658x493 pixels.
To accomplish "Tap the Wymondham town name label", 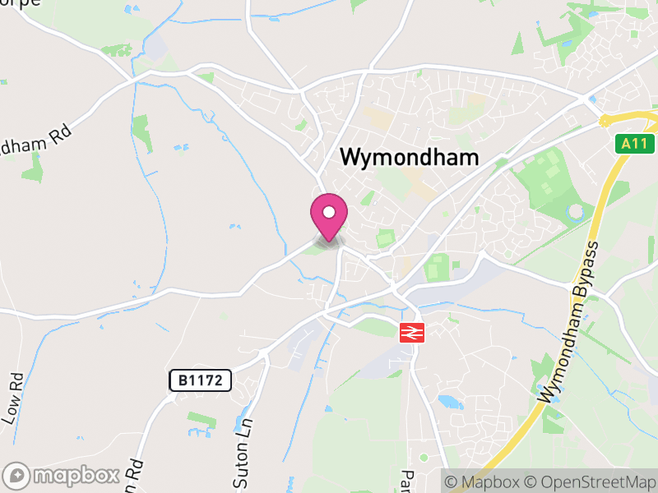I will point(409,157).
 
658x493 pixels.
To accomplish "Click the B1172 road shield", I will point(201,380).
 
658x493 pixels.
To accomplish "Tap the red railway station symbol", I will point(410,333).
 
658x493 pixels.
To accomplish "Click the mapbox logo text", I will point(75,475).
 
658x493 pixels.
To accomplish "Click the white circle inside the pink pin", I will point(329,212).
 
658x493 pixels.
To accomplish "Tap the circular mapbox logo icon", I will point(18,476).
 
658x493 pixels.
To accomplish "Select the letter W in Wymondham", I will point(350,157).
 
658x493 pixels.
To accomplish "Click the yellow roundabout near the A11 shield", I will point(606,121).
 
